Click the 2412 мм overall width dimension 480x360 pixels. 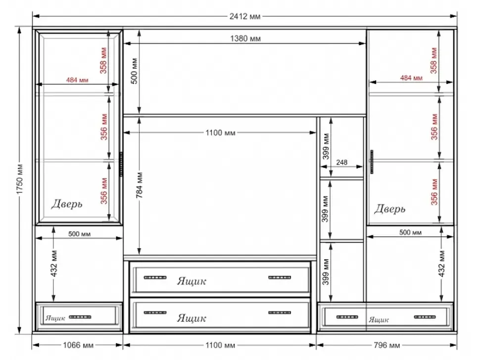245,16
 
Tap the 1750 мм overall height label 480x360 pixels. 20,179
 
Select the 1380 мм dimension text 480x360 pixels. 245,39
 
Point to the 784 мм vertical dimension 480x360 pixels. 140,185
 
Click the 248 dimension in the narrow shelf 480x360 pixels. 341,162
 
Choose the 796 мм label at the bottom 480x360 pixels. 386,345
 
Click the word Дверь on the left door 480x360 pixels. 67,204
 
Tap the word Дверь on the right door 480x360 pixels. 390,209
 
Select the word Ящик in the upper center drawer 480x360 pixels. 192,281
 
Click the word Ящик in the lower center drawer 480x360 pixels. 192,318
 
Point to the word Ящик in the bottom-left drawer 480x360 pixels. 55,318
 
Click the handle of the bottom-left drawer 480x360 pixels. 80,317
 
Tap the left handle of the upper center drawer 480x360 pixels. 155,277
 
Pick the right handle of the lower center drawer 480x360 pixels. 280,313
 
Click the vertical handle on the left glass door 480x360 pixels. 121,164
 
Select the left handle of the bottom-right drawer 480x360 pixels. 347,317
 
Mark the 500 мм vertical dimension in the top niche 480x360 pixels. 135,71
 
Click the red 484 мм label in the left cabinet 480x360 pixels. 77,80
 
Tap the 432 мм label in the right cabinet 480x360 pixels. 442,264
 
